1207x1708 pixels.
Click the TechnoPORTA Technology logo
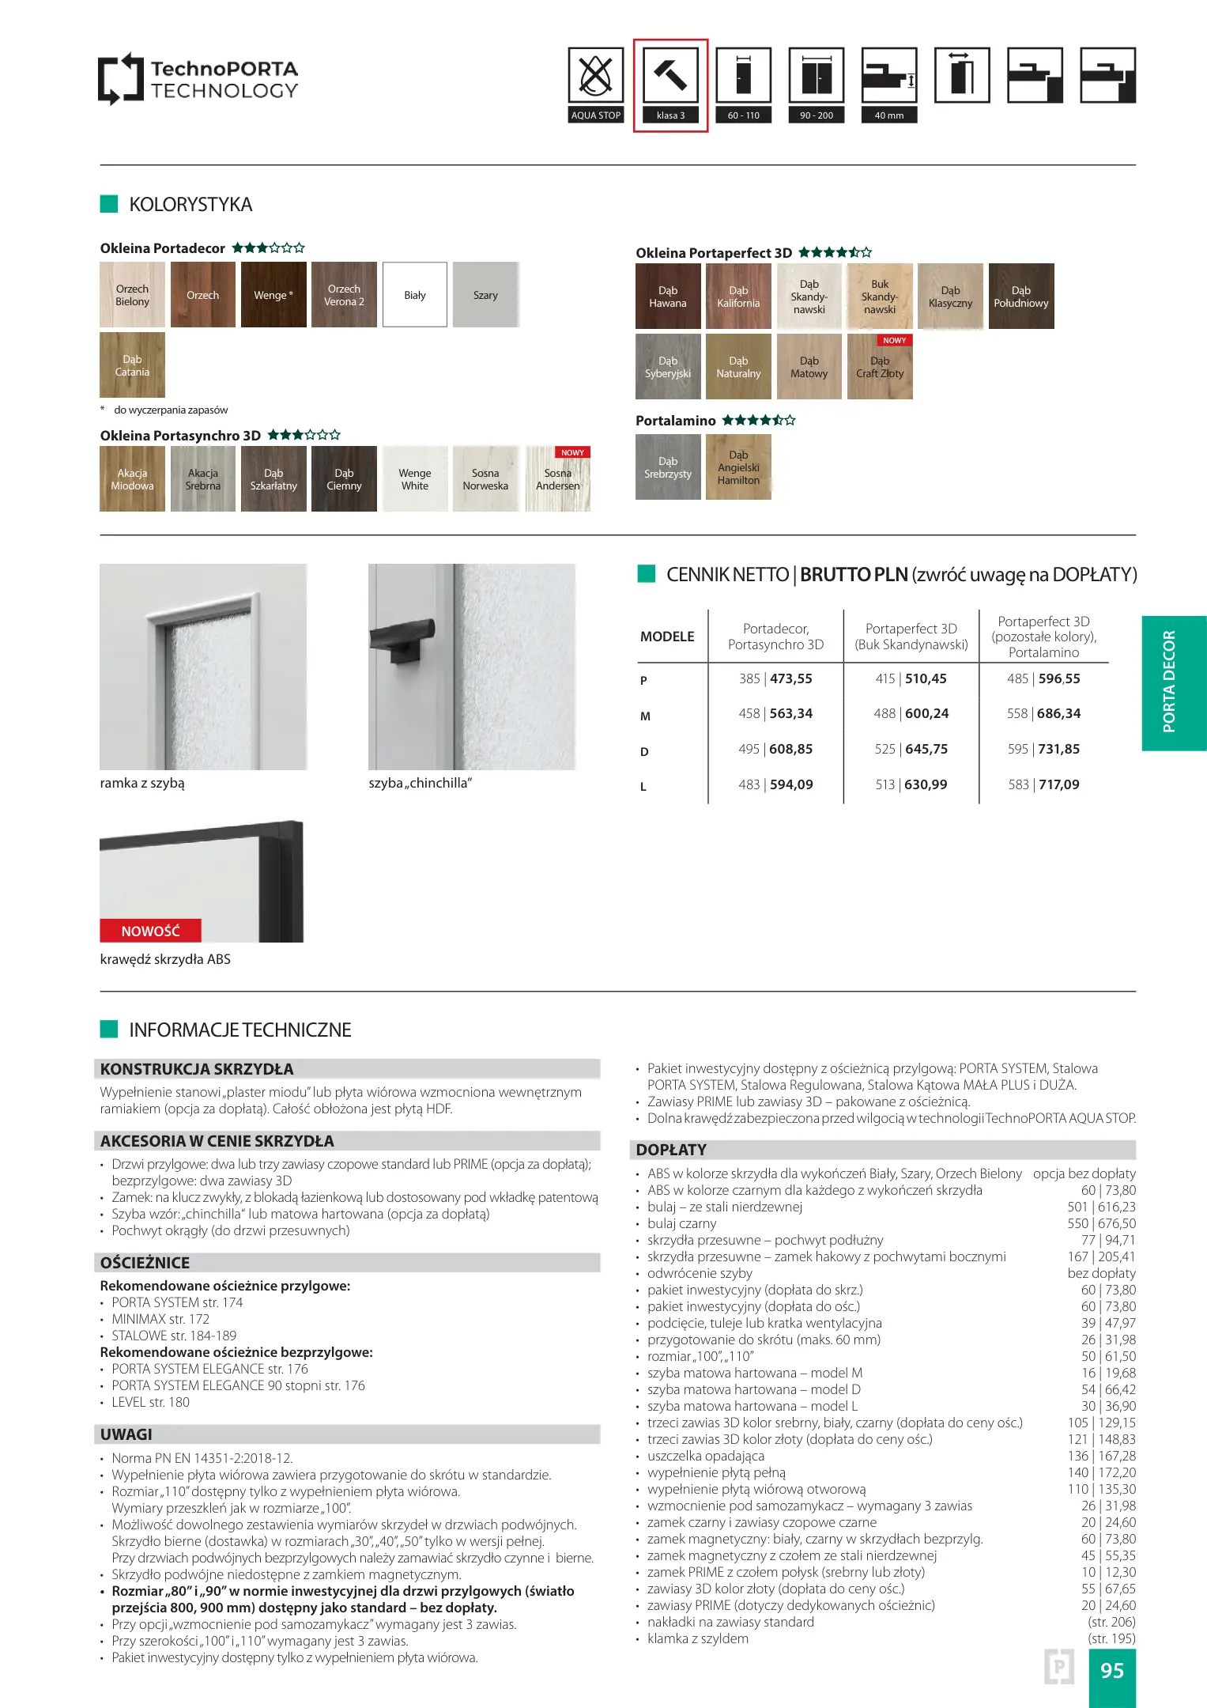(x=198, y=80)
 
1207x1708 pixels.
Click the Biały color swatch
(x=415, y=295)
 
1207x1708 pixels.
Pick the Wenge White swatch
(x=415, y=479)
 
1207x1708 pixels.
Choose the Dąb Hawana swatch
(x=668, y=297)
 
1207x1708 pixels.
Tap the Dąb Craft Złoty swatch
(x=880, y=367)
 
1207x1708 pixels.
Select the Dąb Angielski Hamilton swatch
(x=738, y=467)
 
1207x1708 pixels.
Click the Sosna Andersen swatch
(x=558, y=479)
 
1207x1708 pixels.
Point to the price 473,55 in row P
(x=790, y=678)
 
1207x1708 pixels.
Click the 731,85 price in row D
(x=1058, y=749)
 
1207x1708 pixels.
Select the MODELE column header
(x=667, y=637)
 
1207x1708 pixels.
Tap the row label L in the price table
(x=643, y=787)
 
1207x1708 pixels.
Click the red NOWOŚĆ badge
(x=150, y=931)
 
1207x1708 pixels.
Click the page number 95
(x=1111, y=1670)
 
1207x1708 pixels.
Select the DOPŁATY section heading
(x=671, y=1150)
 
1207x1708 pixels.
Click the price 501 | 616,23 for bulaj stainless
(x=1101, y=1207)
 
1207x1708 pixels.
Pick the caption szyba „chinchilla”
(x=420, y=783)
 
